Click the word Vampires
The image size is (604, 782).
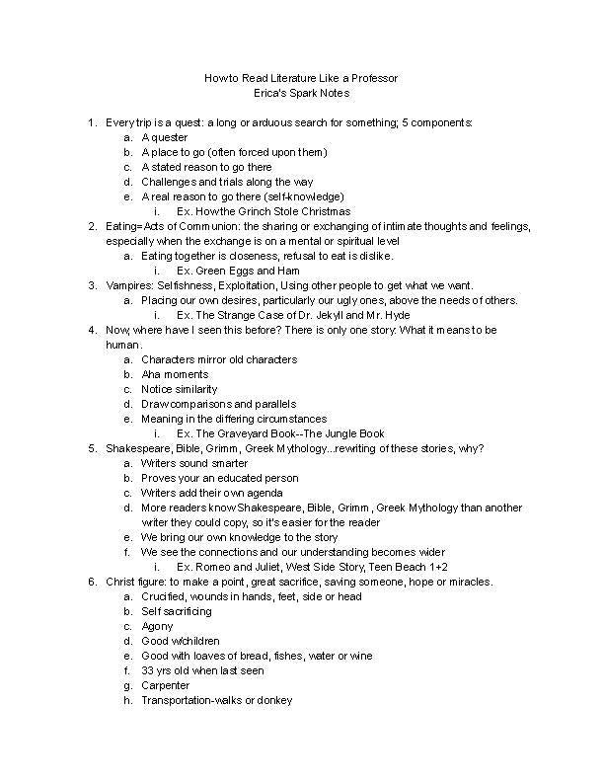point(128,285)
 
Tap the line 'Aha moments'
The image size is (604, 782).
point(175,374)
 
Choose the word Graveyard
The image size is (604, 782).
point(242,433)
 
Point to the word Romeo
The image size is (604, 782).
point(213,567)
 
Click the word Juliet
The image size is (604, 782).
point(266,567)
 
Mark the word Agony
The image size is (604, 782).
point(157,626)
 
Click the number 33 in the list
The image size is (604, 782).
point(148,670)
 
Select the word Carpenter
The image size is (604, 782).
point(167,685)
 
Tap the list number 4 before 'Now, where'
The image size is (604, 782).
point(92,330)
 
